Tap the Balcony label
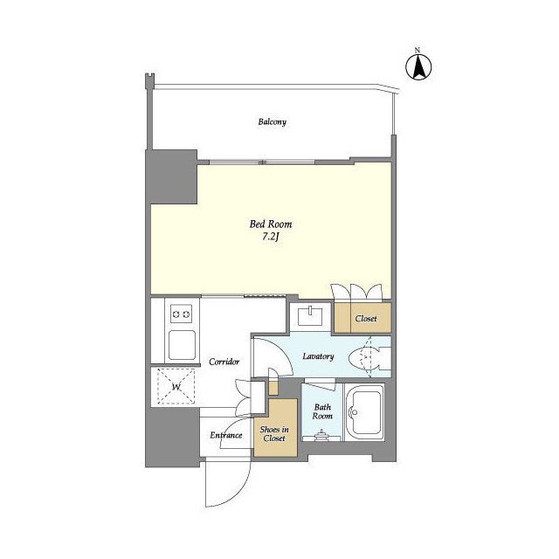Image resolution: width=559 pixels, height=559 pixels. point(272,122)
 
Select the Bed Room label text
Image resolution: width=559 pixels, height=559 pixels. point(271,224)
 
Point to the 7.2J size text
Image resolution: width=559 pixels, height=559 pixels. point(270,237)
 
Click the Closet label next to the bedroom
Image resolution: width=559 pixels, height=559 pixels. point(366,318)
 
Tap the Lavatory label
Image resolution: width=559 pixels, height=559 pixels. point(318,356)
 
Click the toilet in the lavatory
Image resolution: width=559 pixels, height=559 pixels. point(369,357)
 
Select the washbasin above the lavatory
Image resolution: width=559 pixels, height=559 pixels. point(310,316)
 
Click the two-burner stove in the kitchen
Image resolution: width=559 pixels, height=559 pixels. point(181,314)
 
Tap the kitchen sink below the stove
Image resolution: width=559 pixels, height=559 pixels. point(182,345)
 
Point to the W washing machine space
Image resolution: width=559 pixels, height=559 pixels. point(176,387)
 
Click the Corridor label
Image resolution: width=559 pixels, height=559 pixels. point(224,362)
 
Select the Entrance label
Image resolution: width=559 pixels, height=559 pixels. point(226,435)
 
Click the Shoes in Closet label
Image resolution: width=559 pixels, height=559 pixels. point(274,434)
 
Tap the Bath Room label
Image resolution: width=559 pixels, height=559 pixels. point(322,411)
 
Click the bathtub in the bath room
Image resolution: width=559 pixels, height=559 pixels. point(363,412)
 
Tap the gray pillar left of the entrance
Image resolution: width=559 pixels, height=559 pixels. point(173,437)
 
